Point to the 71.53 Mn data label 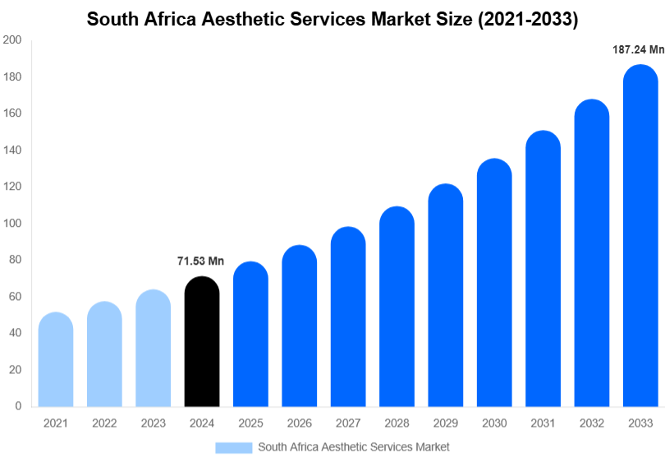(x=200, y=261)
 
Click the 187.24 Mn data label (x=638, y=50)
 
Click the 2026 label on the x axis (x=299, y=423)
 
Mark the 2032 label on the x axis (x=591, y=423)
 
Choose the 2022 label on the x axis (x=104, y=423)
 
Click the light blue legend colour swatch (x=233, y=447)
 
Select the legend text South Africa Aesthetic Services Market (x=354, y=447)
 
